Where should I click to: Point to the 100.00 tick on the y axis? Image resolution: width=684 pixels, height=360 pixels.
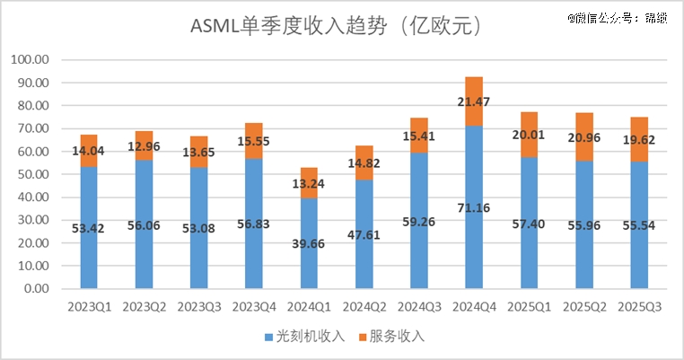(31, 60)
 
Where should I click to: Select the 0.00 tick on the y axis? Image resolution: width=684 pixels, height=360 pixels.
(37, 289)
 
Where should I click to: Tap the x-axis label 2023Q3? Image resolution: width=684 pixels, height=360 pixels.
(198, 306)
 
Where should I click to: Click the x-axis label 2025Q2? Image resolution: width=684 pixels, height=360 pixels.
(584, 306)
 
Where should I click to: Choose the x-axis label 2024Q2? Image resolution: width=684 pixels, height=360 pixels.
(364, 306)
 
